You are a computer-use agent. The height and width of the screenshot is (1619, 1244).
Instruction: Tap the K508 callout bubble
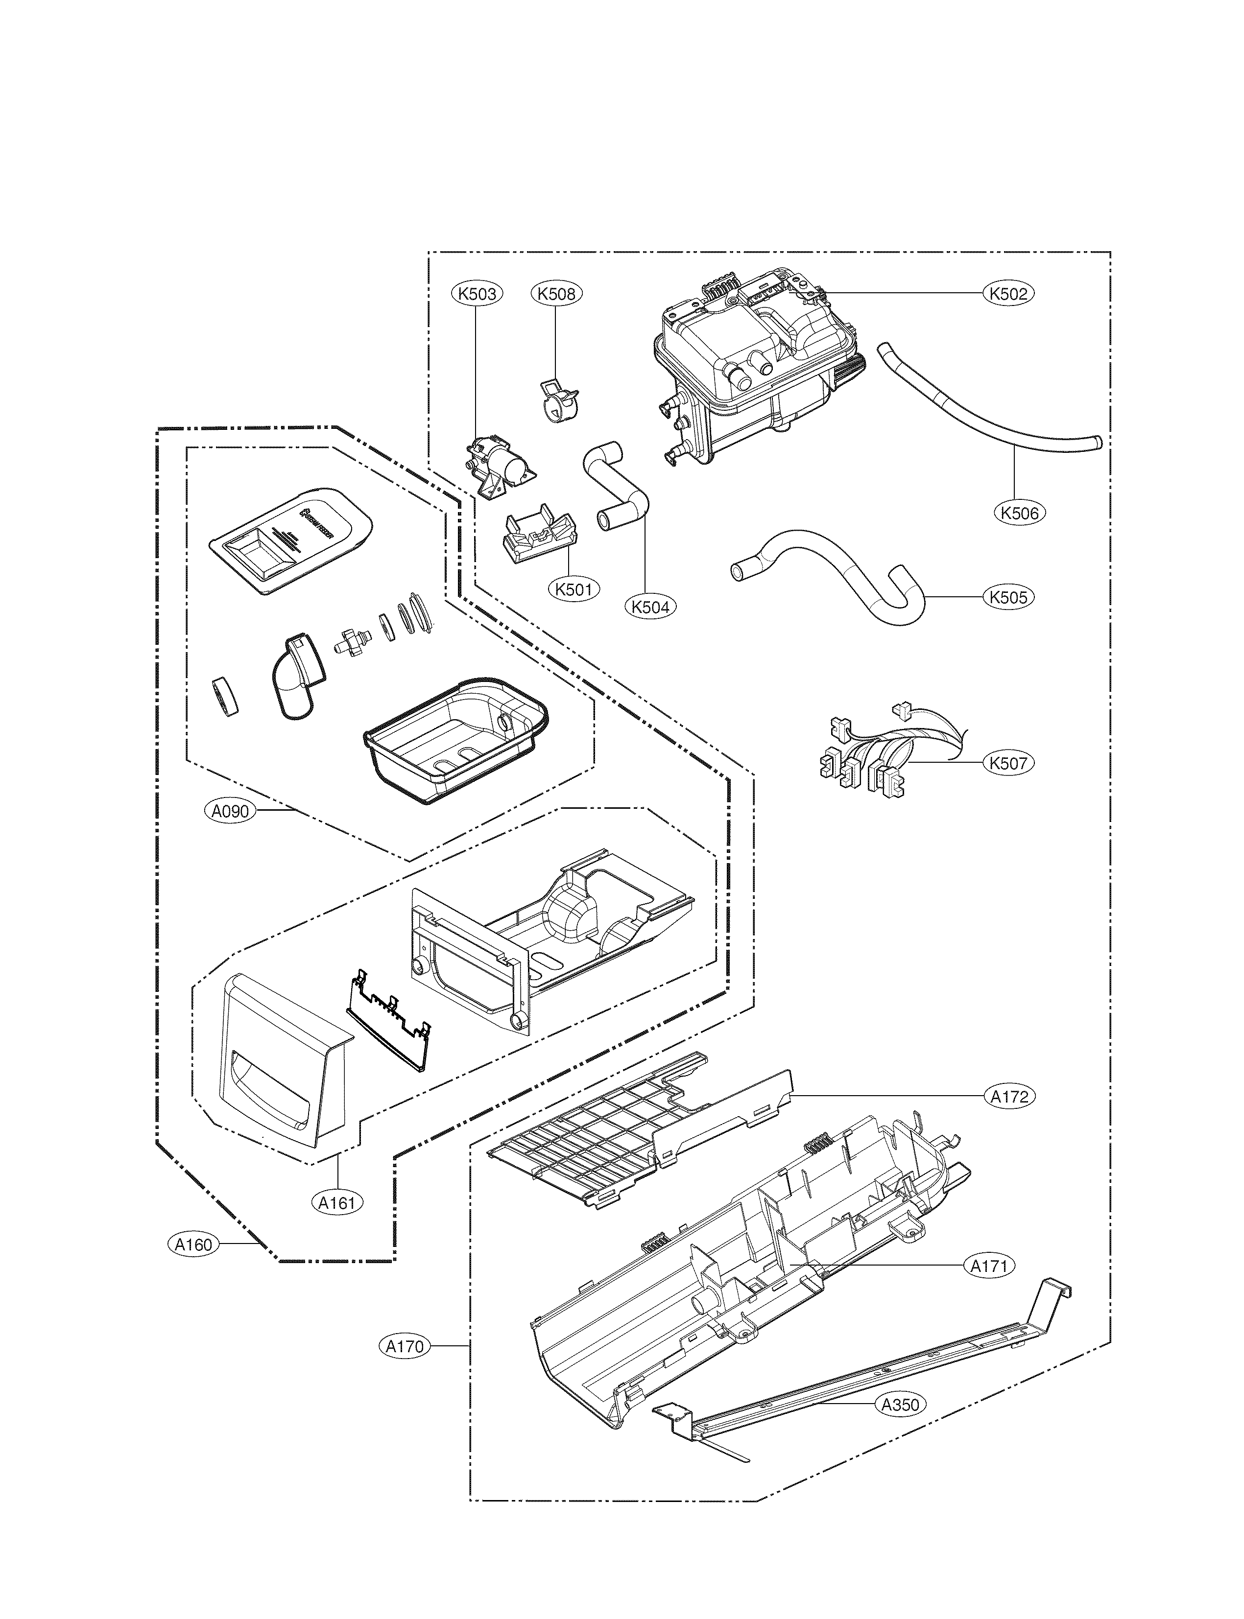(556, 293)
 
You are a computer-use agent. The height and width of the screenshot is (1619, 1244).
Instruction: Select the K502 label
(1008, 293)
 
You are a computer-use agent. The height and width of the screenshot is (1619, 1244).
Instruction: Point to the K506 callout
(1019, 512)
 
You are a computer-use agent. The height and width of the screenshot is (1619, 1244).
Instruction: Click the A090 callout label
(230, 811)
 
